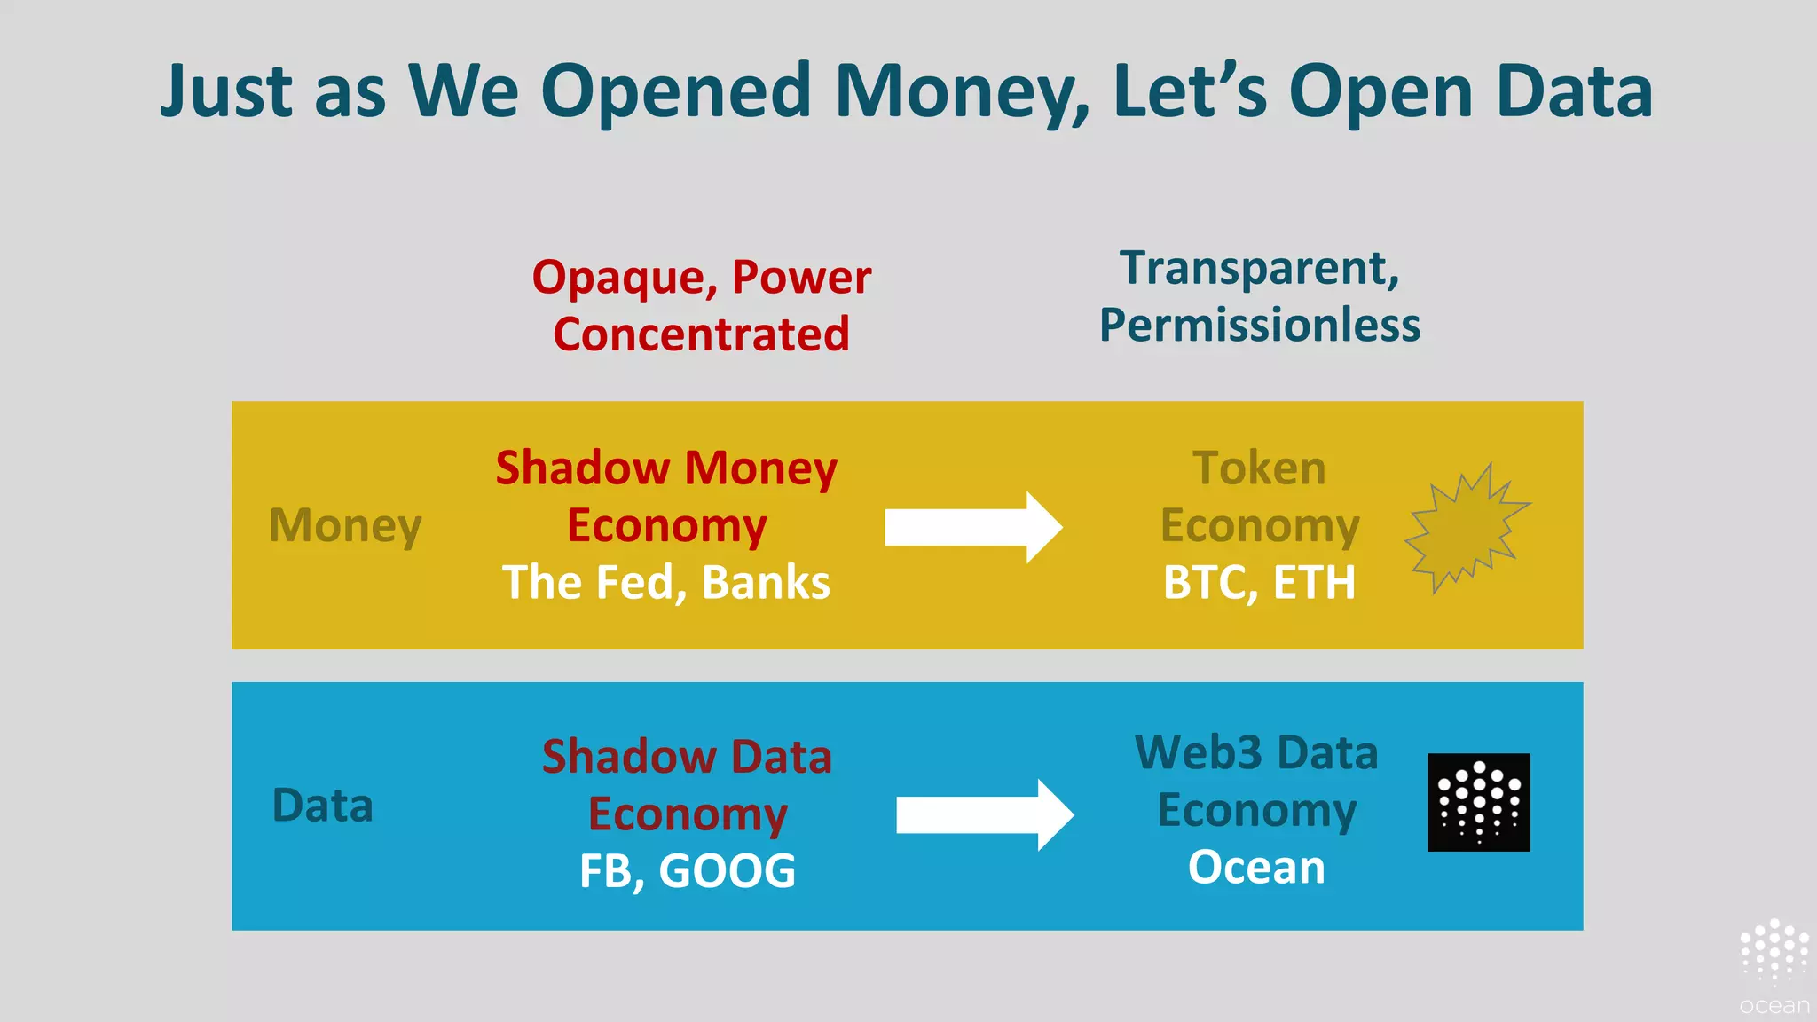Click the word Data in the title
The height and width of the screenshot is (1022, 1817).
click(1574, 91)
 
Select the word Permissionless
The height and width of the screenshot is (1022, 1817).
click(1260, 325)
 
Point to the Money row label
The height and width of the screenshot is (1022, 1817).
click(345, 525)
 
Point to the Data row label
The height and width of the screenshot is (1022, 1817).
click(322, 806)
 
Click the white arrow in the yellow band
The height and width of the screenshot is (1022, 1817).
click(972, 527)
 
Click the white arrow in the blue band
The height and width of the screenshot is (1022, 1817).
click(984, 814)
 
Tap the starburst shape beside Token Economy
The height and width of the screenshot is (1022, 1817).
click(1466, 529)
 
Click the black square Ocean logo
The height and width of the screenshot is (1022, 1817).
click(1478, 802)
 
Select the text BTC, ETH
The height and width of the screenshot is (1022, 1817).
click(1259, 583)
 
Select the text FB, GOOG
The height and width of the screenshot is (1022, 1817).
click(688, 870)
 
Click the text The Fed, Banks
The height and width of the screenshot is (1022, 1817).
click(666, 583)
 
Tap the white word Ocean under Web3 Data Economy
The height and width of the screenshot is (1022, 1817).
click(1256, 867)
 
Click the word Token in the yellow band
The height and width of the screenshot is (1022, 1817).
click(1259, 468)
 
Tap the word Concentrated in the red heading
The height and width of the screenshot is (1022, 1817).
click(701, 334)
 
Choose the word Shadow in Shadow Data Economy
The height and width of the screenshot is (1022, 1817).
click(628, 757)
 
